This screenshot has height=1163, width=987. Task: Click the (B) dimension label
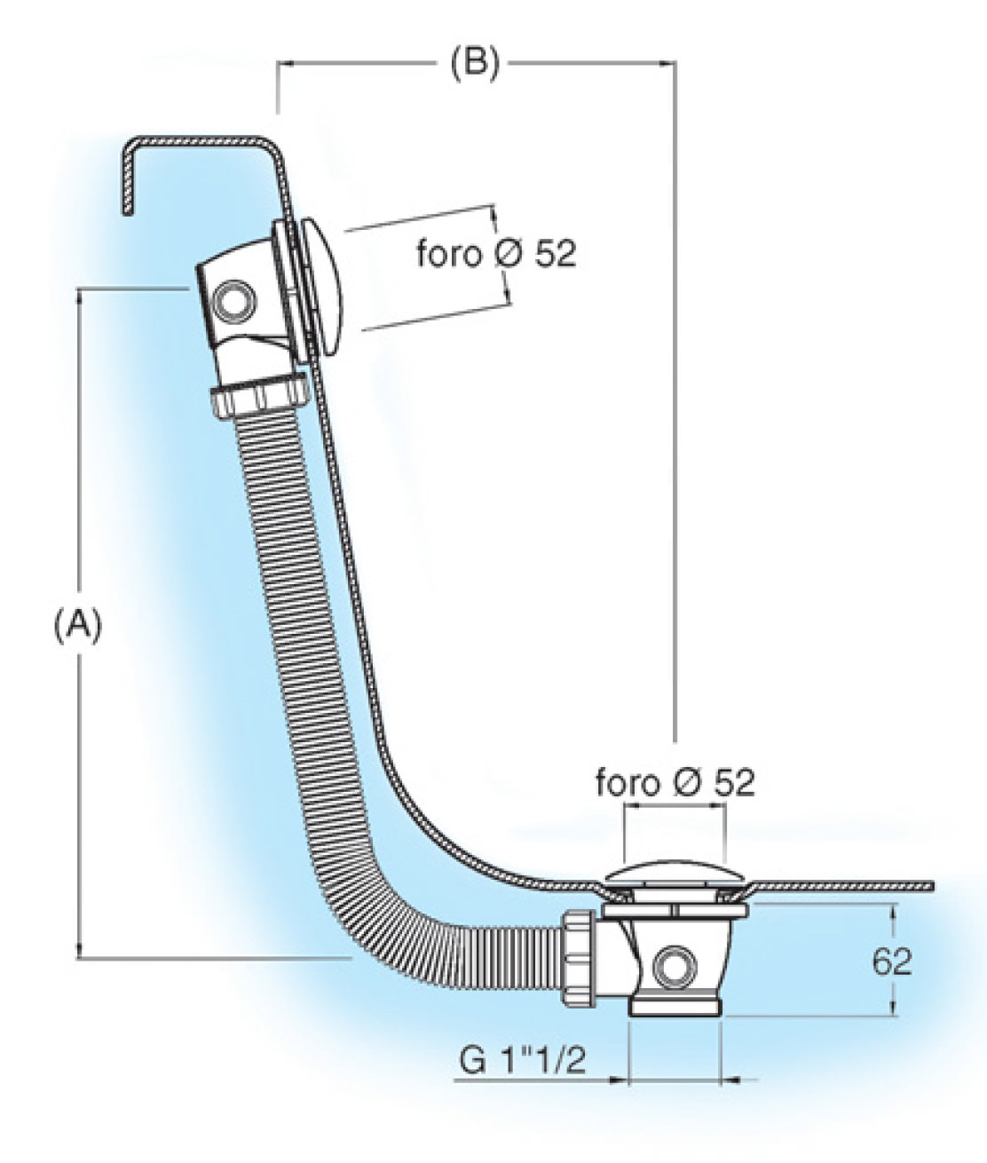[x=475, y=64]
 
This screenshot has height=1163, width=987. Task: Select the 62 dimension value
[x=891, y=961]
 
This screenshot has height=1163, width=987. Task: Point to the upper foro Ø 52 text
[x=496, y=254]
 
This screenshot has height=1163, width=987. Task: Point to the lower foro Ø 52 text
[x=675, y=783]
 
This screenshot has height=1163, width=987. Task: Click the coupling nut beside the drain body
[x=578, y=957]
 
